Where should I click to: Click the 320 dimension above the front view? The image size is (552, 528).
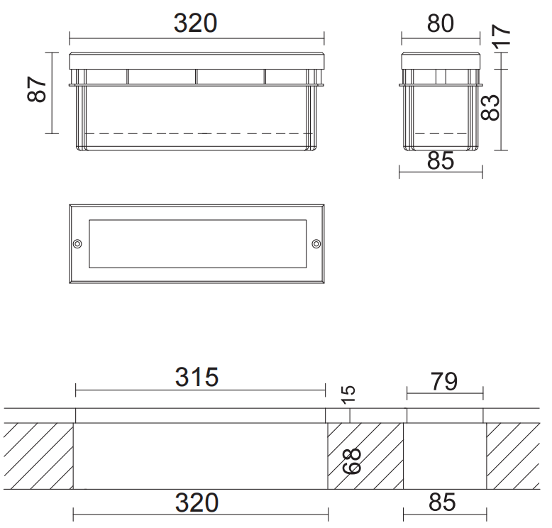(x=195, y=23)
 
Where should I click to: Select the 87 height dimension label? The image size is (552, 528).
(x=37, y=89)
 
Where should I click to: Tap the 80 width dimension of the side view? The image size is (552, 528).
(x=441, y=23)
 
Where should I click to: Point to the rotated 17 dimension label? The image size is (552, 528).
(x=501, y=35)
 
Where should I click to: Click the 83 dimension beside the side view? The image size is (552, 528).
(x=490, y=108)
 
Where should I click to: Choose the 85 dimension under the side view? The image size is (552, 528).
(x=441, y=161)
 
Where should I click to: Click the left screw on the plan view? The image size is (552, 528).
(x=77, y=243)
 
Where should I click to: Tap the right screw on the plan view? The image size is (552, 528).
(x=316, y=243)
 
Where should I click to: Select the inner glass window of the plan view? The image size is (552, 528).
(x=197, y=243)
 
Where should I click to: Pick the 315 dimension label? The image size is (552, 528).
(x=197, y=378)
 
